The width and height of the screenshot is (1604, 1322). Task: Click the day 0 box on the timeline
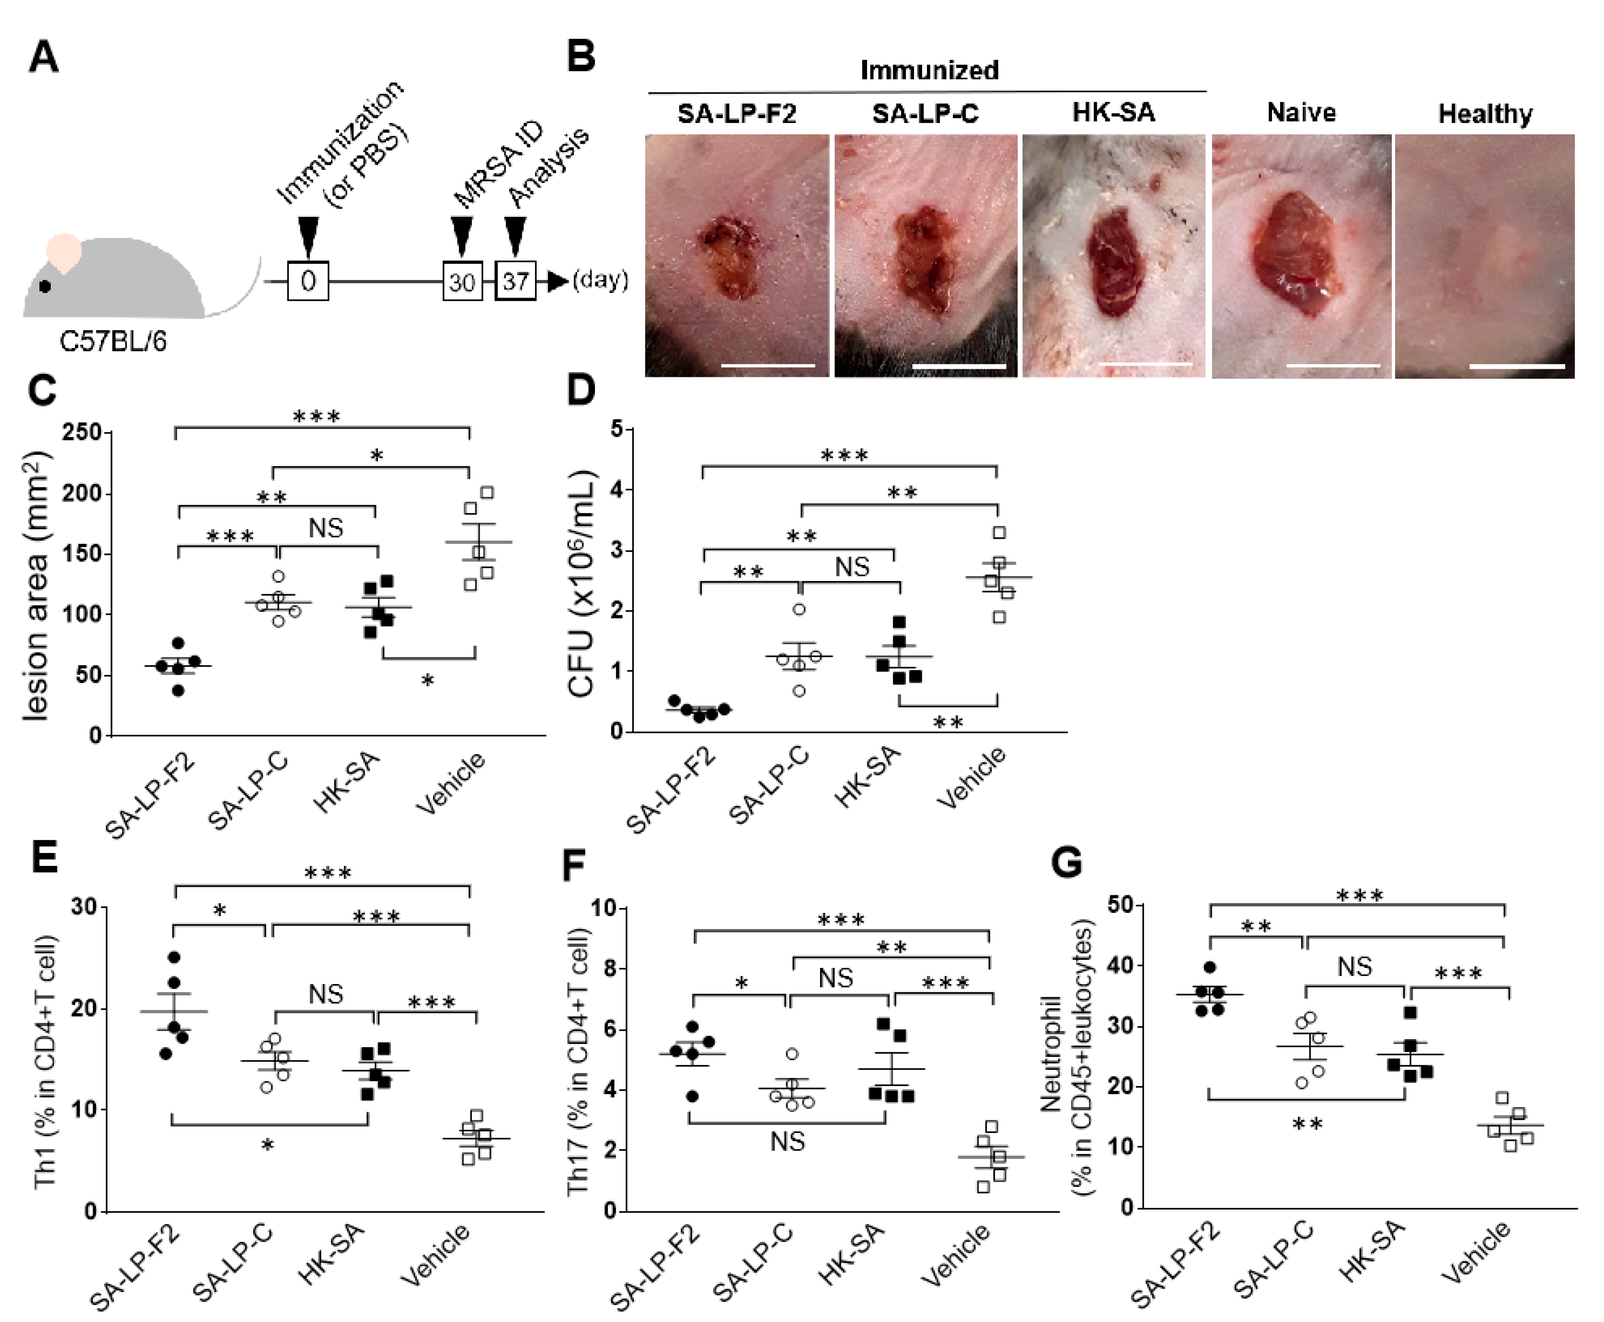(308, 281)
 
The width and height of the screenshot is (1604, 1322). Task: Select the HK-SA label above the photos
(1113, 113)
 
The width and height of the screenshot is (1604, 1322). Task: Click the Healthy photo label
(1484, 113)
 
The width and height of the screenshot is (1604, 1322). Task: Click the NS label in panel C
(326, 528)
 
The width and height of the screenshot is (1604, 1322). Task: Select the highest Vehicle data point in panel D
(999, 532)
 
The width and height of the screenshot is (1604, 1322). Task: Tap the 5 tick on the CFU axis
(617, 430)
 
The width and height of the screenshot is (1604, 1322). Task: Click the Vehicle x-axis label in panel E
(434, 1254)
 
